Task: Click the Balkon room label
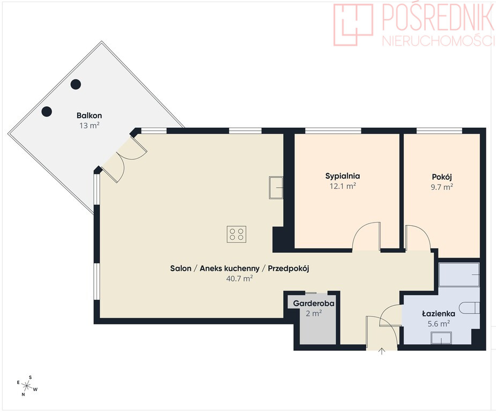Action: click(89, 115)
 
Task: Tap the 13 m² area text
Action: click(90, 126)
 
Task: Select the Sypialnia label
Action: click(343, 176)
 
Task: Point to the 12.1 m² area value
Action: click(343, 186)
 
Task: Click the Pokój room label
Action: click(442, 176)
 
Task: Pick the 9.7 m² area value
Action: click(442, 187)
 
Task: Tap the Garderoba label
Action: click(314, 304)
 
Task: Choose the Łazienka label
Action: click(439, 314)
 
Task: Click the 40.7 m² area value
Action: click(240, 279)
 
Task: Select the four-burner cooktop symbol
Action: click(236, 234)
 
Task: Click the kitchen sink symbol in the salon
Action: click(276, 188)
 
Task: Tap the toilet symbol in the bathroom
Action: click(470, 307)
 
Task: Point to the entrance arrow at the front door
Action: click(382, 351)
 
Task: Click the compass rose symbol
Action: click(27, 386)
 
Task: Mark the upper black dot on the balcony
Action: click(76, 84)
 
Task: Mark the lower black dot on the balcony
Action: click(47, 112)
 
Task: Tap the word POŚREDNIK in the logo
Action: click(438, 17)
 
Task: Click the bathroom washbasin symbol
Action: click(441, 338)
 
